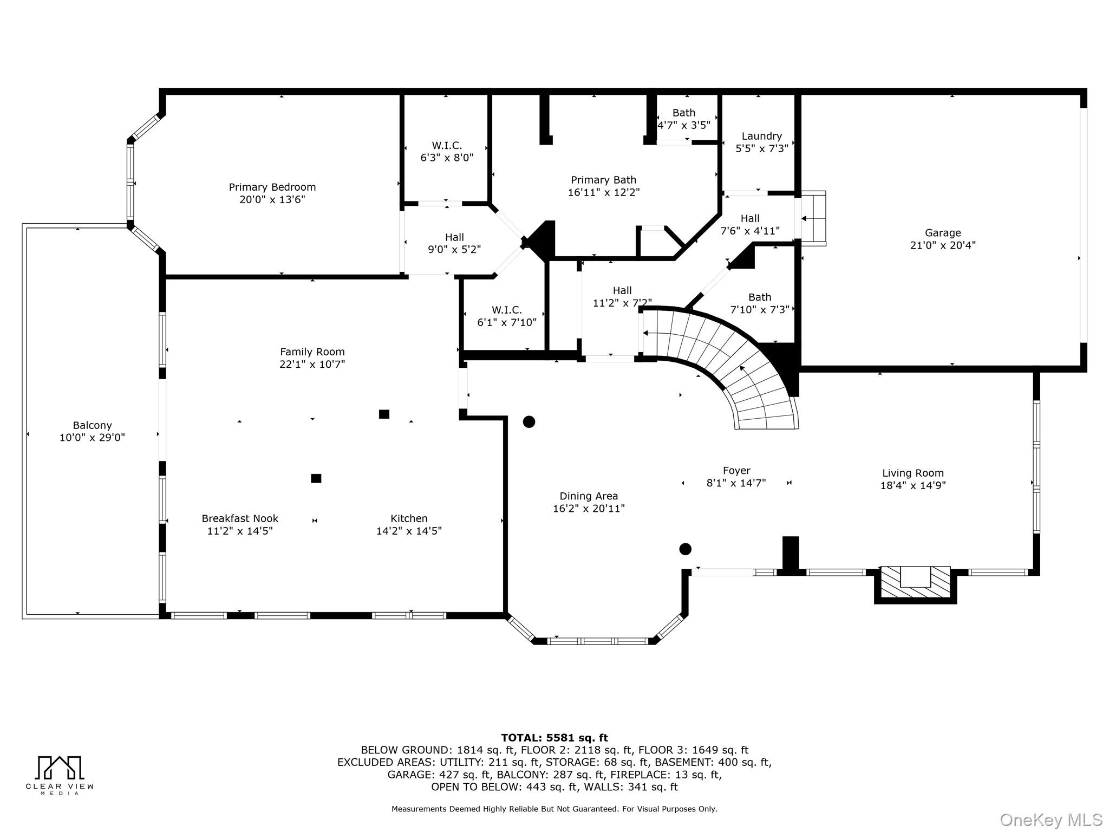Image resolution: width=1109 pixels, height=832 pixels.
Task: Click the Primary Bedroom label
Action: click(272, 187)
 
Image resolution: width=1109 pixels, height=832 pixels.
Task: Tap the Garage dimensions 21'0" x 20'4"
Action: click(943, 245)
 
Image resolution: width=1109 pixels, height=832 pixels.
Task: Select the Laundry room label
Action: click(761, 136)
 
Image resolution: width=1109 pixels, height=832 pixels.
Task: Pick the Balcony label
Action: click(92, 426)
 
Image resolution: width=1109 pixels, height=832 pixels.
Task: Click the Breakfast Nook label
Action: click(240, 519)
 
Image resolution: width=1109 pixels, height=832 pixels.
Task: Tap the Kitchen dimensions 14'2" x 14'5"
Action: click(409, 531)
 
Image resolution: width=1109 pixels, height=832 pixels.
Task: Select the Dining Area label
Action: click(589, 496)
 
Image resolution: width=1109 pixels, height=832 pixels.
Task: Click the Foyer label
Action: click(736, 471)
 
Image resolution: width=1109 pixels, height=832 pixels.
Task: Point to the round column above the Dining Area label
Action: click(529, 421)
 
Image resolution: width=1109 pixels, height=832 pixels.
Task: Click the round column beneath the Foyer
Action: click(685, 549)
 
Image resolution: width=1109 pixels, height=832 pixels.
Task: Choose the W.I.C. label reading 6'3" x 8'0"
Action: click(447, 152)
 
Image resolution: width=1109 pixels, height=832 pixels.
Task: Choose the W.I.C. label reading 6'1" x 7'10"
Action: click(507, 316)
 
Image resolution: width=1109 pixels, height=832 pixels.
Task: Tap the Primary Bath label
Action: click(603, 180)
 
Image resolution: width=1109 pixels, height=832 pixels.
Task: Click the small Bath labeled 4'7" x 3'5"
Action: click(683, 119)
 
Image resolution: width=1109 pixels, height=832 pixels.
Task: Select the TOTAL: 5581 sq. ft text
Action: click(554, 738)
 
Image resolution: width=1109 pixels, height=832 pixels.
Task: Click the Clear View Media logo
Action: click(60, 775)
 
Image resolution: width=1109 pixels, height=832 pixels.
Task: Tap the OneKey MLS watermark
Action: click(1051, 820)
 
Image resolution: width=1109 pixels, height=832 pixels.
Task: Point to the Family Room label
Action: click(312, 352)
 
